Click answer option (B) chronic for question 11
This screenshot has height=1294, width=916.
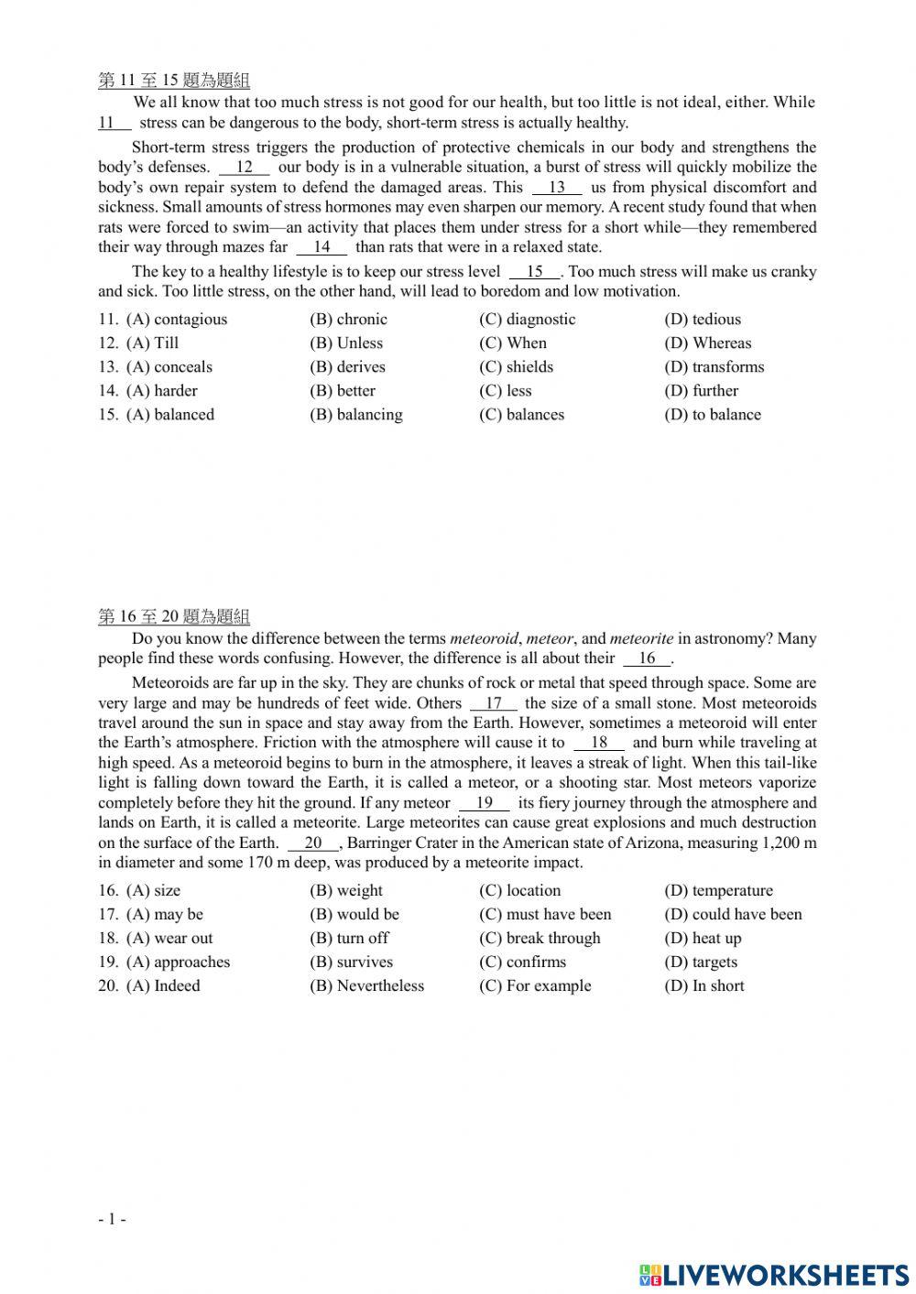click(x=348, y=320)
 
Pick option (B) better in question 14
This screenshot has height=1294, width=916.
click(x=343, y=391)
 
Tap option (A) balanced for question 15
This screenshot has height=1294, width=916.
click(x=170, y=415)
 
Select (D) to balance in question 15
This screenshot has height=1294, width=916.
click(x=713, y=415)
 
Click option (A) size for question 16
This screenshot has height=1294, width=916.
click(x=154, y=891)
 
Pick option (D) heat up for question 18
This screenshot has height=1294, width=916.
click(x=703, y=939)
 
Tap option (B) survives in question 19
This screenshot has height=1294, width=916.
click(x=351, y=962)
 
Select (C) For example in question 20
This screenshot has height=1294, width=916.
click(x=535, y=986)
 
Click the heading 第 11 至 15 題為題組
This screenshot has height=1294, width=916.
click(x=174, y=81)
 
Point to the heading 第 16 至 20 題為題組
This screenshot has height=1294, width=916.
click(x=174, y=617)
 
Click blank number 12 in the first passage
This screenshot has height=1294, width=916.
click(x=245, y=168)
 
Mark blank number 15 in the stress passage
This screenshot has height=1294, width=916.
click(x=535, y=272)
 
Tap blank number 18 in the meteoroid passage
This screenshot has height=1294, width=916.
click(x=599, y=744)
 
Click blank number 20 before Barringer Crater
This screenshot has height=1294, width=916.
click(x=313, y=843)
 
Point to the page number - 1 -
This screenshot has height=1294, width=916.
click(x=112, y=1219)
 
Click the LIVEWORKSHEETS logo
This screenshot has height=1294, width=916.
click(x=774, y=1275)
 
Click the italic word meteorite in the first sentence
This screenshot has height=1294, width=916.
click(x=641, y=639)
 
